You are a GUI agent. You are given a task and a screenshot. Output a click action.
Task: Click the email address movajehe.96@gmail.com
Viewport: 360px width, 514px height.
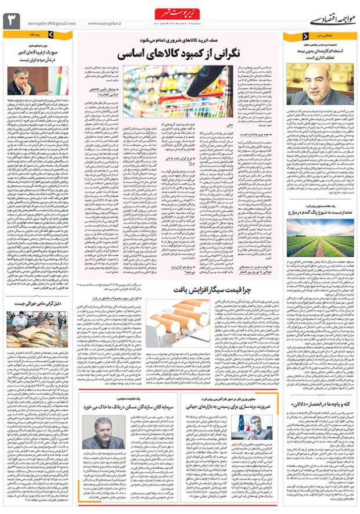click(x=48, y=24)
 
